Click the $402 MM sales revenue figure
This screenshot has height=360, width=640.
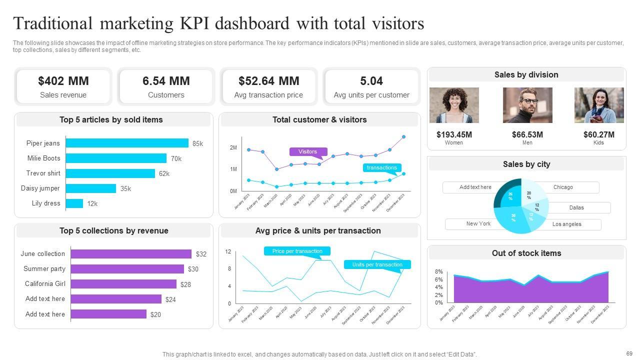coord(63,81)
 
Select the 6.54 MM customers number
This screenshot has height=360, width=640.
coord(166,81)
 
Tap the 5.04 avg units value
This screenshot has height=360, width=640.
coord(371,81)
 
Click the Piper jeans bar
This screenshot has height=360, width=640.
coord(127,143)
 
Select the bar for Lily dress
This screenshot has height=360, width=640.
coord(74,203)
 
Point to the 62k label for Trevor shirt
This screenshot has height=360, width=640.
coord(164,174)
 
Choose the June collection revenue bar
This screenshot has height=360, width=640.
coord(131,254)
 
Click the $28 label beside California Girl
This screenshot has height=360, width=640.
coord(185,284)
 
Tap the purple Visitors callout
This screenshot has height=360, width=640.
coord(307,151)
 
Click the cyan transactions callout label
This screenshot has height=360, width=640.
coord(381,168)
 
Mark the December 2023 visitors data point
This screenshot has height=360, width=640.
coord(403,136)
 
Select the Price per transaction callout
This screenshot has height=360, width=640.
coord(297,251)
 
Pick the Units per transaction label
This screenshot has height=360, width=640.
coord(377,264)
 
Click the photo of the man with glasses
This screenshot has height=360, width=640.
coord(527,105)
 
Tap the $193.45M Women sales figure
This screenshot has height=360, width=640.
coord(454,134)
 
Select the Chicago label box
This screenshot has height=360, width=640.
coord(563,187)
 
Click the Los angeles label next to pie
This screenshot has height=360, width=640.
coord(567,224)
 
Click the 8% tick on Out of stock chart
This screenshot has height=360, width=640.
coord(438,271)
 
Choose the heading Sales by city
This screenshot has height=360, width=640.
coord(526,164)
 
